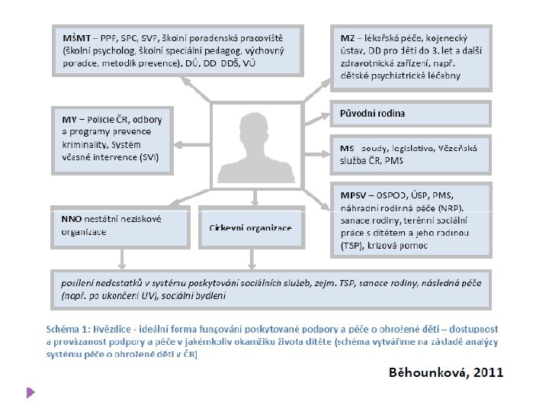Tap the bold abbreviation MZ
(346, 37)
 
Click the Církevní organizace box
(250, 228)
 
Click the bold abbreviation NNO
(72, 219)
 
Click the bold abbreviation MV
(69, 120)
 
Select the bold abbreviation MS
(347, 147)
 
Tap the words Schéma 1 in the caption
(68, 327)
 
